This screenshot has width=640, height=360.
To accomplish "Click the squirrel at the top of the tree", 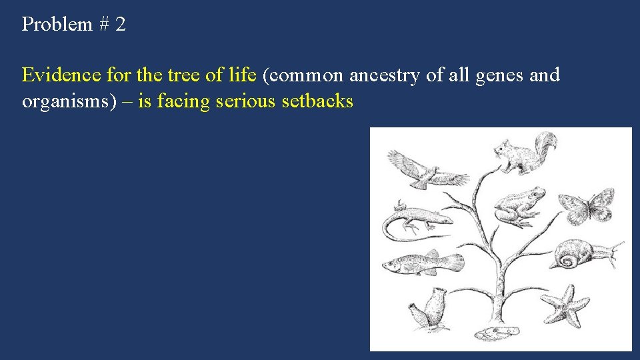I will tap(523, 155).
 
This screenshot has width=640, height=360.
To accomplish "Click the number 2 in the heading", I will tap(120, 25).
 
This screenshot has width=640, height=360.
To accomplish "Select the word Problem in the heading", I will tap(57, 25).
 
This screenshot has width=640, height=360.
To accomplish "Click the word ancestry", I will tap(385, 75).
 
